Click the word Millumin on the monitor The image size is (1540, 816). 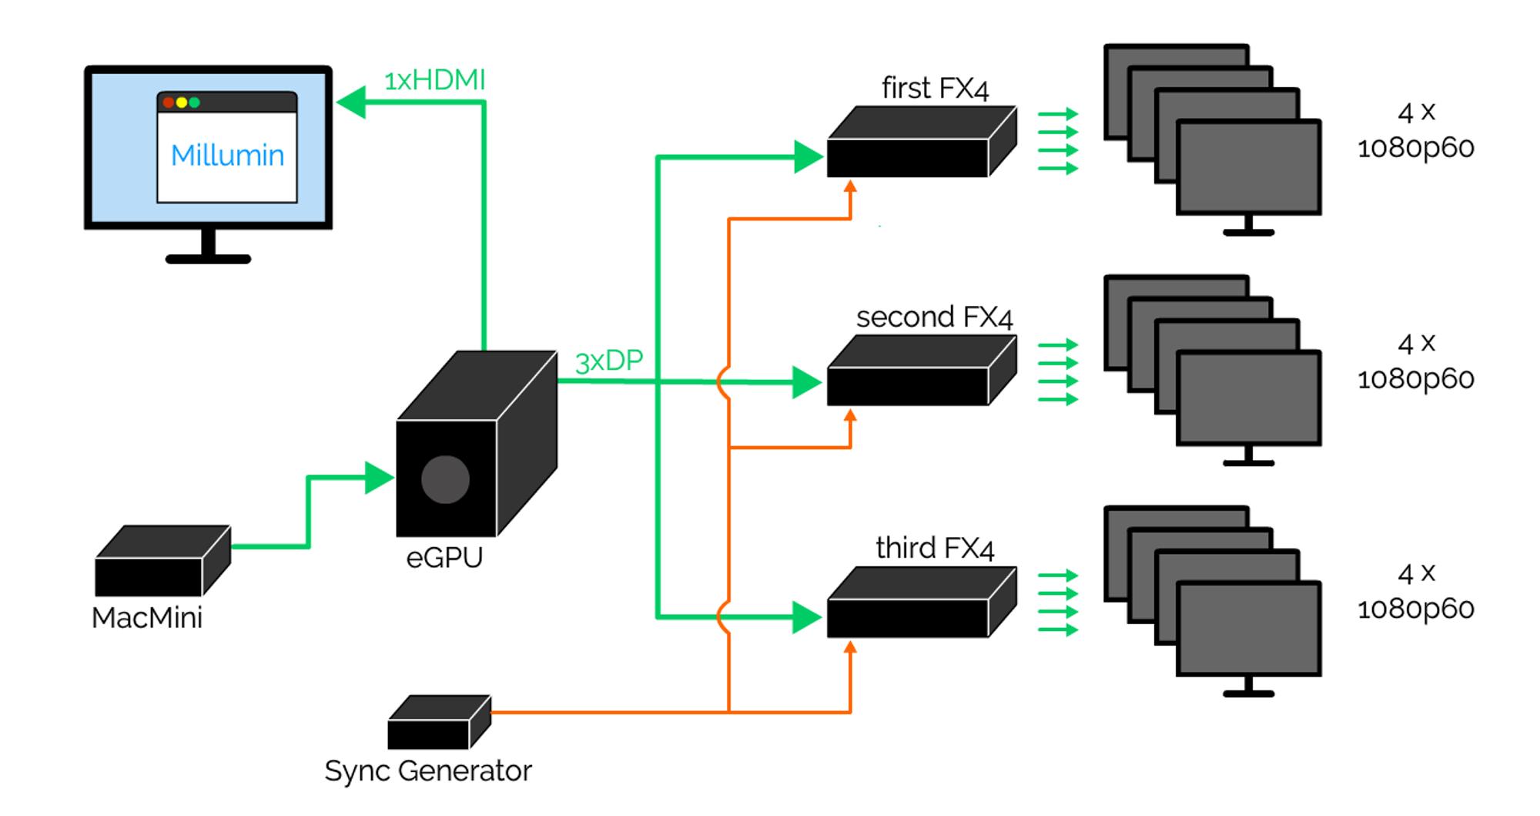click(227, 156)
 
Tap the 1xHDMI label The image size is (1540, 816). click(434, 80)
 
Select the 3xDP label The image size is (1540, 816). click(608, 361)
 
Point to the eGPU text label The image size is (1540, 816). click(444, 557)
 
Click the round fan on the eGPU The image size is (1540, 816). click(445, 479)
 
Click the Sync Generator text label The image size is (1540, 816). click(428, 771)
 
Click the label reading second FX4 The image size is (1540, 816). click(934, 317)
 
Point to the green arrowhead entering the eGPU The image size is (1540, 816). click(379, 478)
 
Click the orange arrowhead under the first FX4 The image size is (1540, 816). click(850, 187)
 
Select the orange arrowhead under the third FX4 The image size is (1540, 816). click(850, 648)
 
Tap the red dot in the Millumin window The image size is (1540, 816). click(169, 102)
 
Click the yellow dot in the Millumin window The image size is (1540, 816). click(182, 102)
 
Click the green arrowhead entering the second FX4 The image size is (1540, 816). click(807, 382)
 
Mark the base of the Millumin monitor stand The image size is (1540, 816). click(208, 259)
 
